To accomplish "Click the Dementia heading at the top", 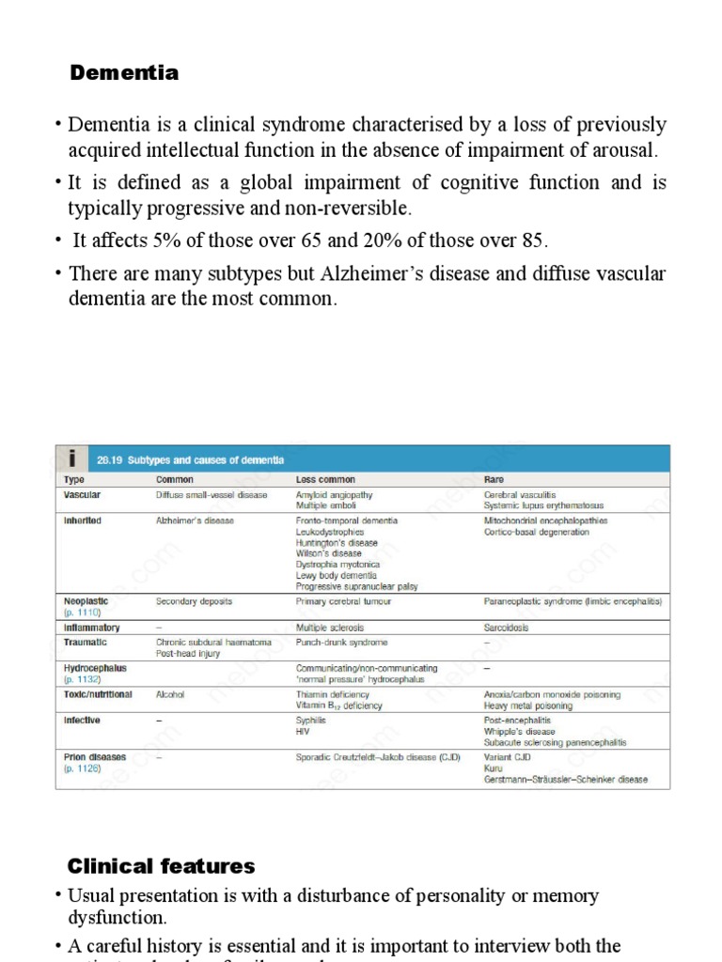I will [123, 72].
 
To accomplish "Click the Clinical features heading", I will [161, 865].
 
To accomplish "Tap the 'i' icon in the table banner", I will [72, 458].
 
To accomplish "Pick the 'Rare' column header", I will [494, 479].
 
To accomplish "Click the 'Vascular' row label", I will [82, 494].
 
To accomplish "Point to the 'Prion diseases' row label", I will [94, 756].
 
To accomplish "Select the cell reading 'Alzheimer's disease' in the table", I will [195, 520].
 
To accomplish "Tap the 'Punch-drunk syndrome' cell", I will [341, 643].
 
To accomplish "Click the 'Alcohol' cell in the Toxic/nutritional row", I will [170, 695].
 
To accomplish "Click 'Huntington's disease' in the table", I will [337, 543].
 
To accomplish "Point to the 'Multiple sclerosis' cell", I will [330, 627].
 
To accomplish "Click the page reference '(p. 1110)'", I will [82, 612].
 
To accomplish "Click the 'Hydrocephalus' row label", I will [95, 668].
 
